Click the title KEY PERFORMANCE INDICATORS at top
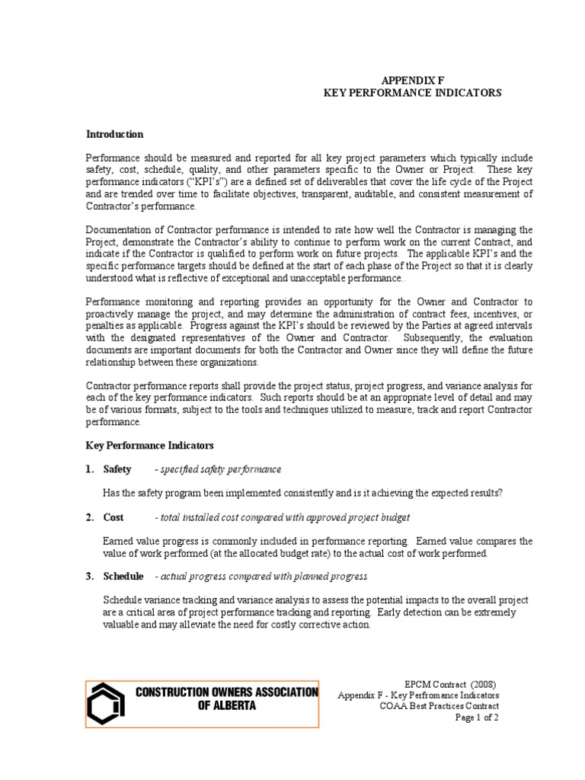point(412,92)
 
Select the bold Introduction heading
point(114,134)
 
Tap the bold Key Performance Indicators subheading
point(149,445)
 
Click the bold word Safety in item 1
point(117,469)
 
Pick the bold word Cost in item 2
point(113,517)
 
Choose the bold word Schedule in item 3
point(122,576)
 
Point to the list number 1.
point(89,469)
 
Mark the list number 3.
point(89,576)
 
